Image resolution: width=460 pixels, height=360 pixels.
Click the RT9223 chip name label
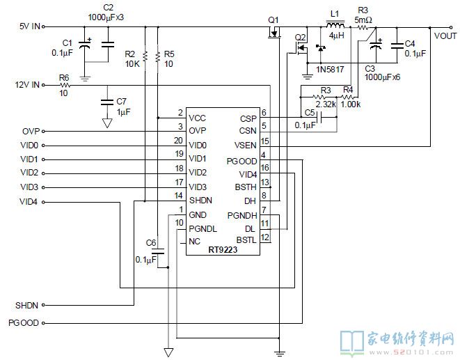click(x=223, y=250)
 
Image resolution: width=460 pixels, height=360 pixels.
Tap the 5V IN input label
click(x=30, y=26)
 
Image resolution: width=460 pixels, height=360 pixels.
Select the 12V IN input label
click(x=27, y=85)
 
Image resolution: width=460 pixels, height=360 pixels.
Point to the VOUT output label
click(x=445, y=36)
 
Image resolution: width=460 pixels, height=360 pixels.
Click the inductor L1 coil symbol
click(x=335, y=24)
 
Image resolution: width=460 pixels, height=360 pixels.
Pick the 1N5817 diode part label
click(x=330, y=70)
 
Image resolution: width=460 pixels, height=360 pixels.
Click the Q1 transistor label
click(x=273, y=20)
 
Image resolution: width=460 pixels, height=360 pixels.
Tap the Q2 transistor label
click(x=300, y=38)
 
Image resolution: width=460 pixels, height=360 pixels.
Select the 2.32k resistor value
click(x=326, y=104)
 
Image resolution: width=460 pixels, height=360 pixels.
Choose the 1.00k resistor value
click(x=351, y=104)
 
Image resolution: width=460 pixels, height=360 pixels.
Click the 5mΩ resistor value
click(x=363, y=20)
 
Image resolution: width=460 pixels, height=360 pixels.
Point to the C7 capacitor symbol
click(x=107, y=102)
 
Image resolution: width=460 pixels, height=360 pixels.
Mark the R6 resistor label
click(x=64, y=78)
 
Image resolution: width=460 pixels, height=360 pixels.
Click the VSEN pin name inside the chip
click(x=246, y=146)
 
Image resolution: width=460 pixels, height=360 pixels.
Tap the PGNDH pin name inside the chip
click(x=242, y=216)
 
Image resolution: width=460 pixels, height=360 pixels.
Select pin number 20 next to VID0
click(x=178, y=141)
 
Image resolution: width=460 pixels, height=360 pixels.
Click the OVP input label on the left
click(x=31, y=131)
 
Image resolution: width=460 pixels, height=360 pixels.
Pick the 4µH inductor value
click(x=337, y=36)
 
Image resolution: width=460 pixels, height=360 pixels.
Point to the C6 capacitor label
click(x=151, y=243)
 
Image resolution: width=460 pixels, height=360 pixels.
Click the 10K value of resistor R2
click(x=132, y=64)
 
